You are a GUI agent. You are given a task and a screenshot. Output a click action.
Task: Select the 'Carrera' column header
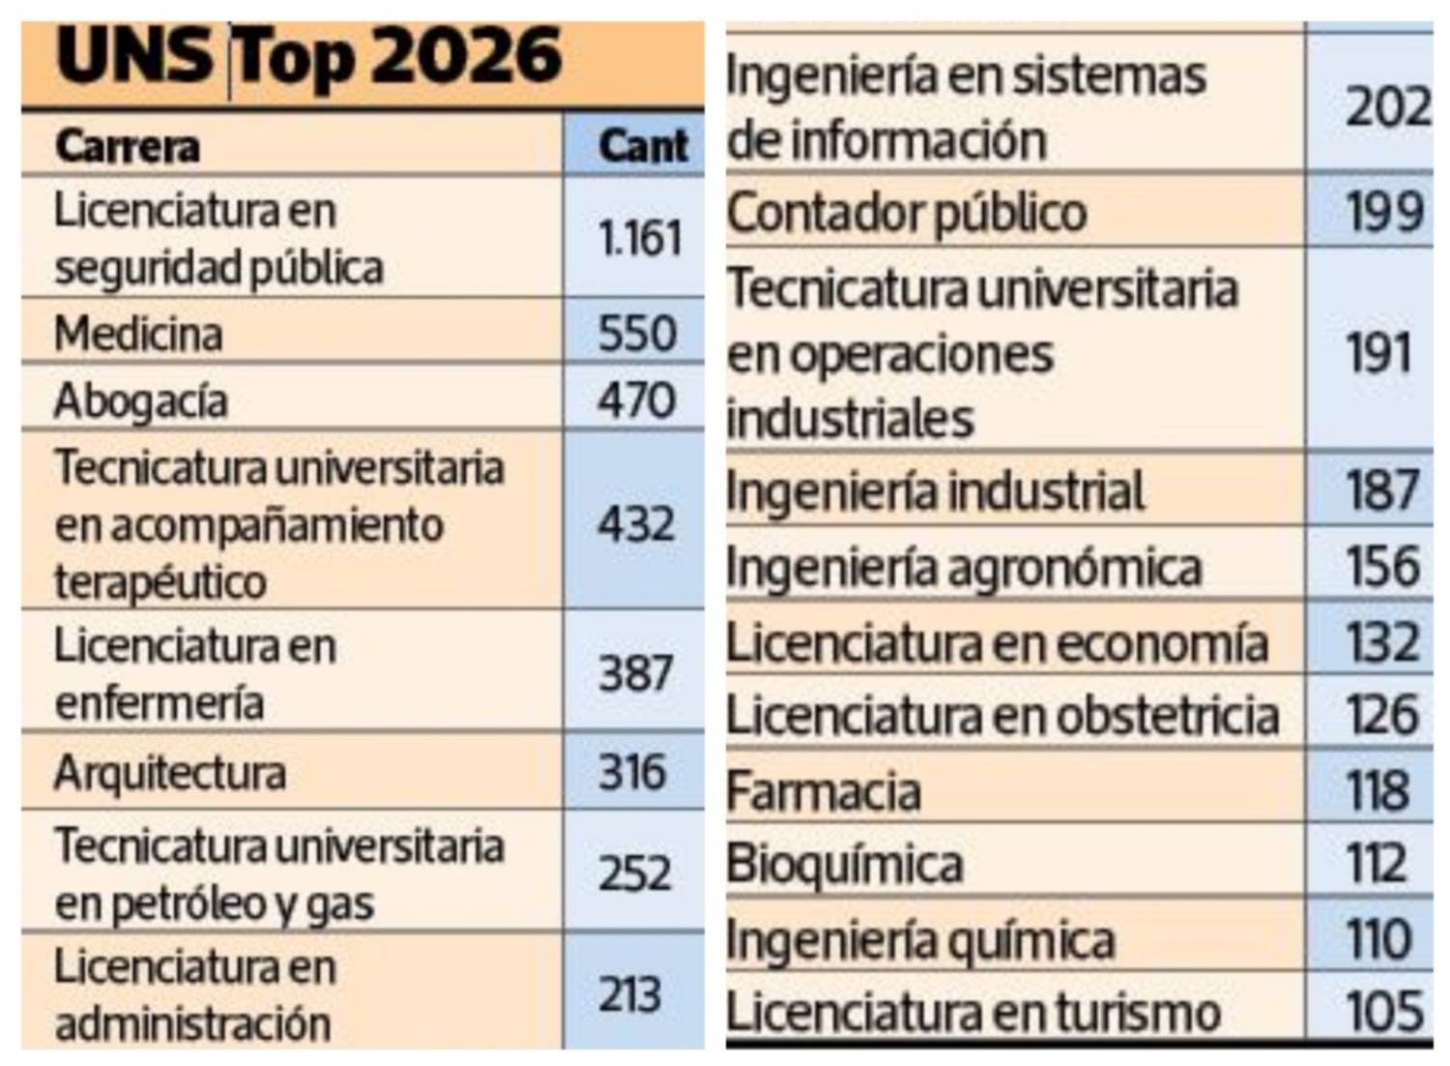128,147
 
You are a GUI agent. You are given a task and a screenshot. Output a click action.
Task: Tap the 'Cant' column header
643,147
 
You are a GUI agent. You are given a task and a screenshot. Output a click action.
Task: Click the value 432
636,524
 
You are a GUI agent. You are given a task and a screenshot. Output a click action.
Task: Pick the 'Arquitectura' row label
170,773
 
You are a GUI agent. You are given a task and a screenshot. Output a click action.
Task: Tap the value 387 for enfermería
635,673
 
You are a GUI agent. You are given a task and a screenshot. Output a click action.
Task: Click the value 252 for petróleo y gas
634,874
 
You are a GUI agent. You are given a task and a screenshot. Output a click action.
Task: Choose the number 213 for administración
630,994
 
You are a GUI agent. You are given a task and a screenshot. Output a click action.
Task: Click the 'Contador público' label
907,213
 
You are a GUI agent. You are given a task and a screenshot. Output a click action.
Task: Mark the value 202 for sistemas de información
1387,107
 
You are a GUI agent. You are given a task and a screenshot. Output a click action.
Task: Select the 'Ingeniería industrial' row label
935,491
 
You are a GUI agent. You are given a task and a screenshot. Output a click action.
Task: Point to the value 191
1379,353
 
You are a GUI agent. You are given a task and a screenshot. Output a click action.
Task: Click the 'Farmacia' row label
824,791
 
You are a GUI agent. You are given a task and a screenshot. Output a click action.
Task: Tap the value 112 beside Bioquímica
1377,863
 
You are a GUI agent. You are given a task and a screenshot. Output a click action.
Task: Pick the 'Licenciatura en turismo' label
973,1013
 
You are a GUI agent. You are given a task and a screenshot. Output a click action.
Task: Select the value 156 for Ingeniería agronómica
1383,566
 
